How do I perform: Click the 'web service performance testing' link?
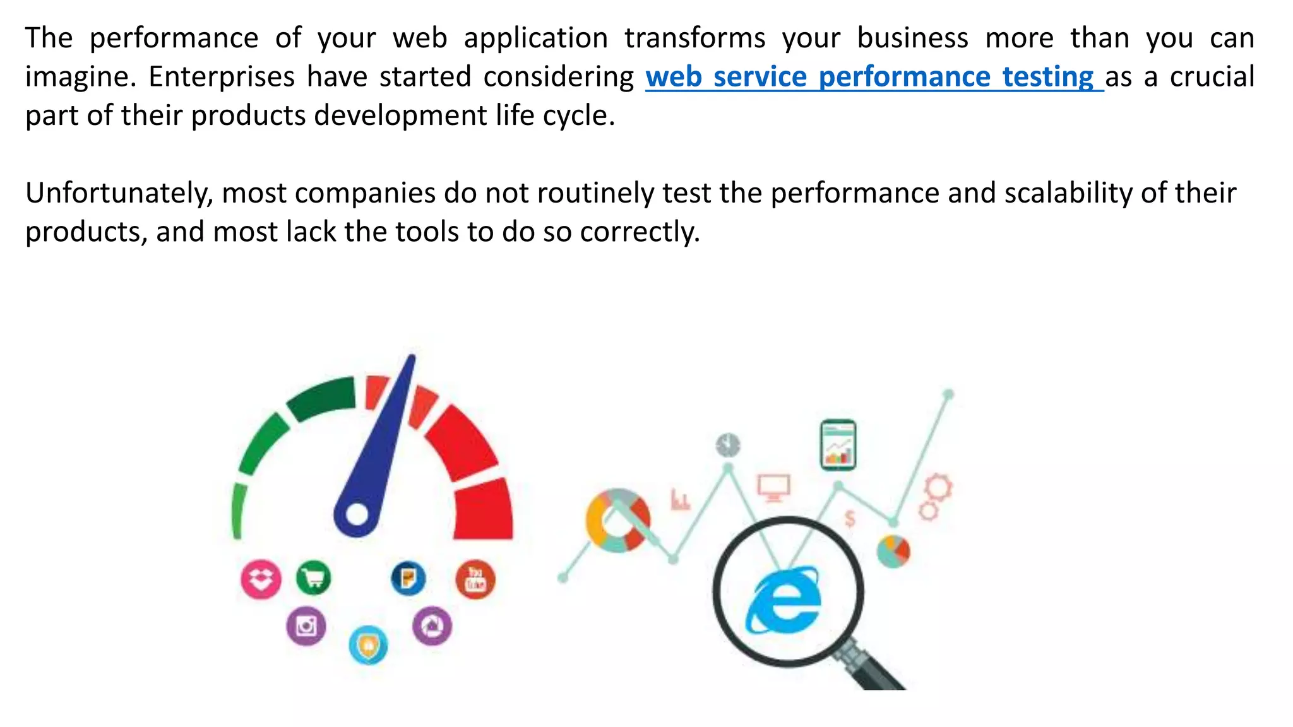point(874,78)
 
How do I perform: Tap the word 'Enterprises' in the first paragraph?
point(222,78)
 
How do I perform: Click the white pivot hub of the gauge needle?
point(357,514)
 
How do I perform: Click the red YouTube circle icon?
point(475,580)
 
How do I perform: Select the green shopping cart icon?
point(313,577)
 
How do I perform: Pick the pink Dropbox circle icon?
point(261,579)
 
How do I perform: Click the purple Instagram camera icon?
point(306,626)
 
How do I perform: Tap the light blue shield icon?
point(368,645)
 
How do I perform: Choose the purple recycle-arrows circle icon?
point(432,626)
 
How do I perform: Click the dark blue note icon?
point(408,578)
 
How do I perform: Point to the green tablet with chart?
point(838,445)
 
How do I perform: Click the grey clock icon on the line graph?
point(728,445)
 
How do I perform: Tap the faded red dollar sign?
point(850,519)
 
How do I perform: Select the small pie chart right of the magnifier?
point(893,551)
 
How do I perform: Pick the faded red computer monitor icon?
point(773,488)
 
